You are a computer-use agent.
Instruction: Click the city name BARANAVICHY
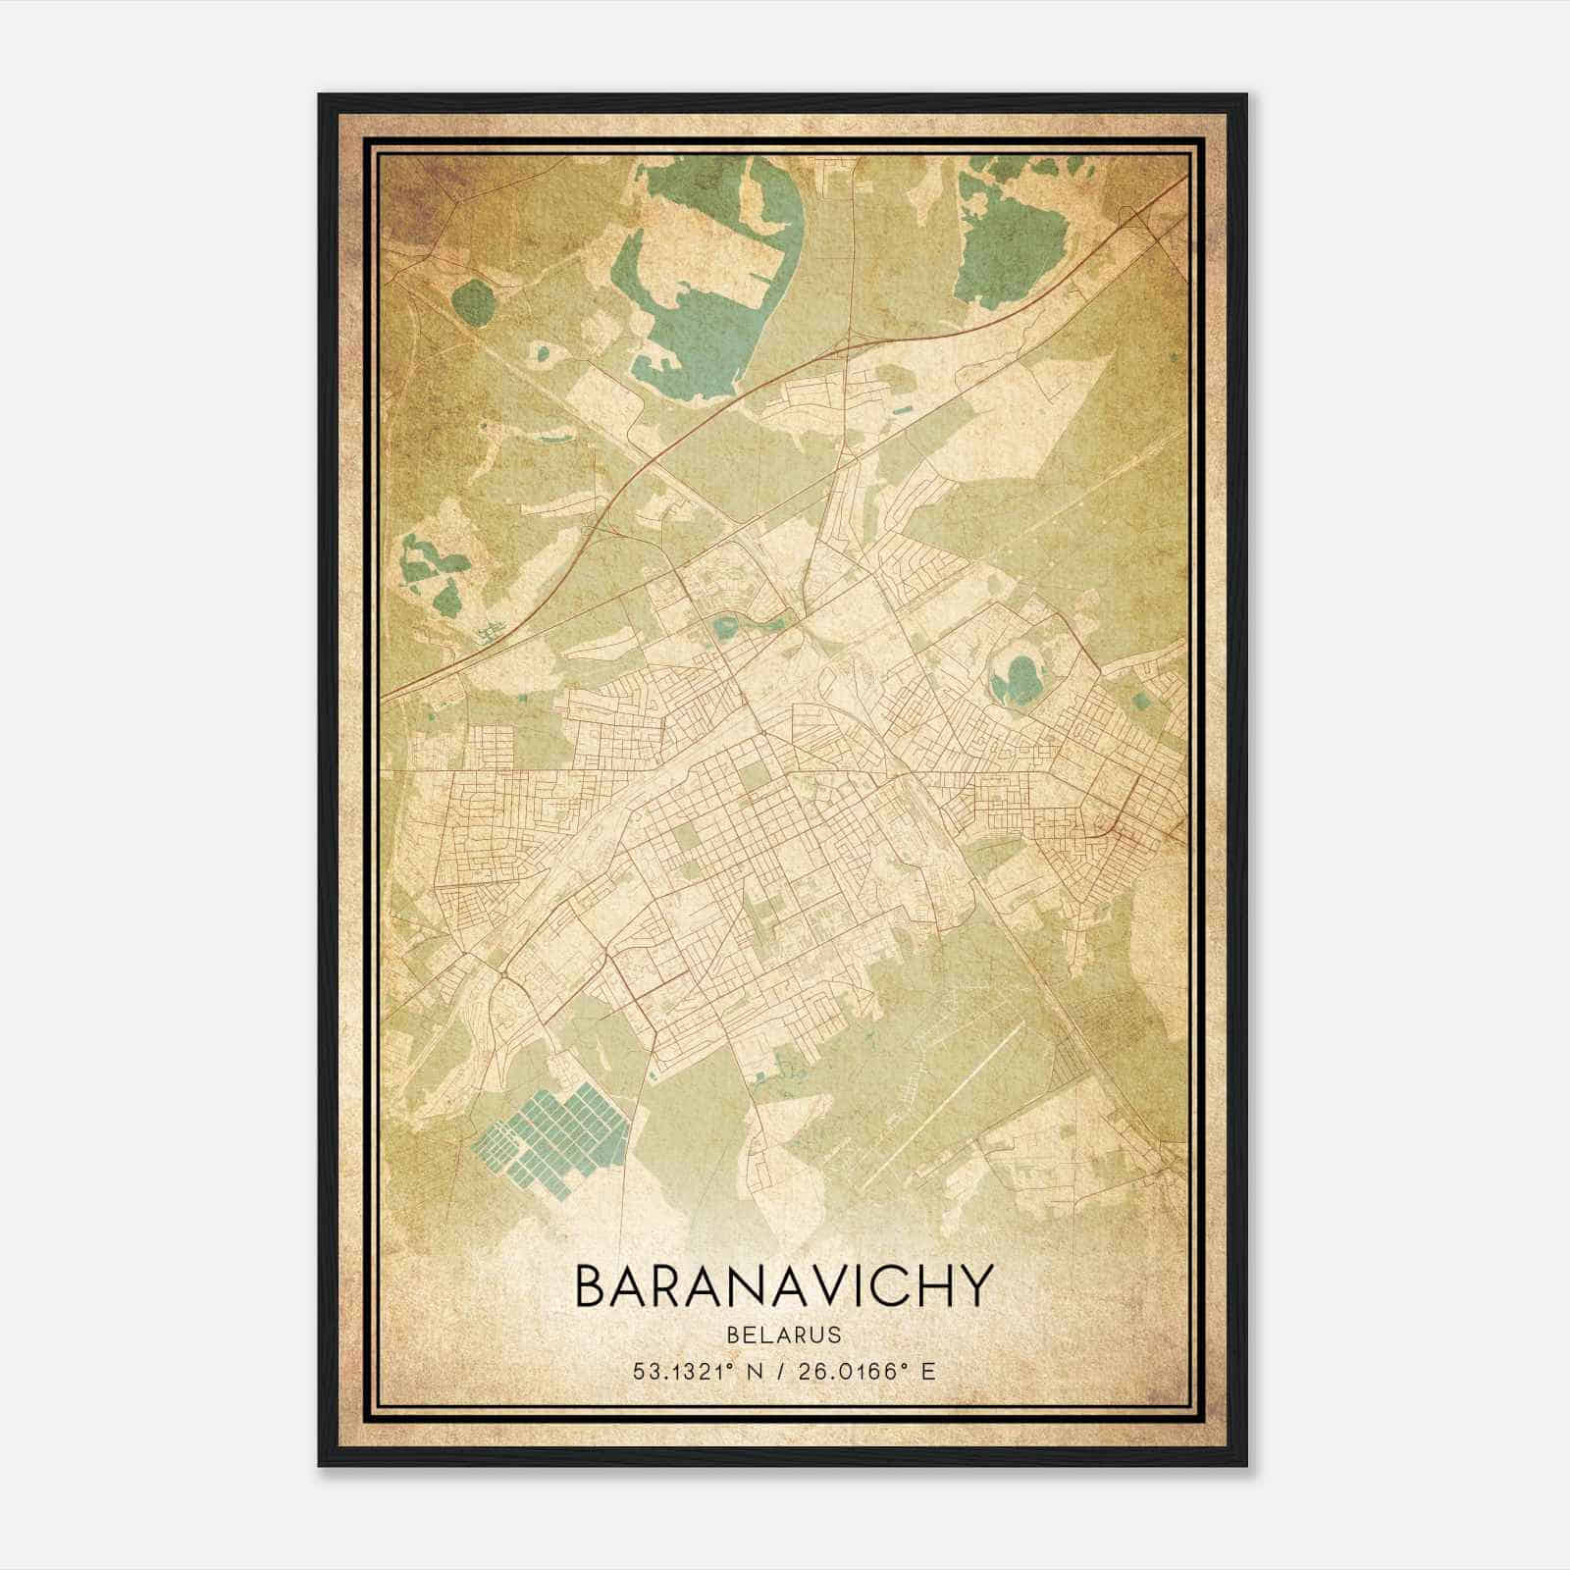784,1286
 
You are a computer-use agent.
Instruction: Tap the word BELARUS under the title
784,1334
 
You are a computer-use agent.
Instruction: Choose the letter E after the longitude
927,1371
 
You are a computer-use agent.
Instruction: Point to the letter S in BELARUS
833,1334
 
